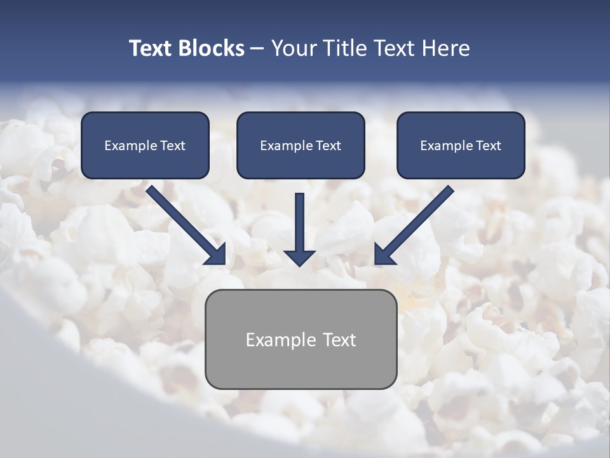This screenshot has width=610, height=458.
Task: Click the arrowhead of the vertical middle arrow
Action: (x=299, y=257)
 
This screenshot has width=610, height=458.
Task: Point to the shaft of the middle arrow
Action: (x=299, y=219)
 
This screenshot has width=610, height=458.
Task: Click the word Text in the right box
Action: (x=488, y=146)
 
